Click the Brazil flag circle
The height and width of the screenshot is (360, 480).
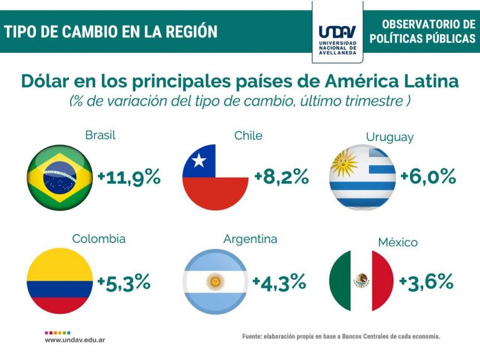pos(60,178)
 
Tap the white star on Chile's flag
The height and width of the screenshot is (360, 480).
pos(199,160)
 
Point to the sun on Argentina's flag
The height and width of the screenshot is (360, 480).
pos(215,281)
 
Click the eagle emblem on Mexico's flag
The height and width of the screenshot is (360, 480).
pos(361,280)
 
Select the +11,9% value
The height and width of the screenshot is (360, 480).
pos(129,177)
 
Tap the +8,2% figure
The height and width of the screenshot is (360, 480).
pos(282,177)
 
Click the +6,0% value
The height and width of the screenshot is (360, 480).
pos(428,177)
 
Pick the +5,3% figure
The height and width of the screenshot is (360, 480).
pos(124,282)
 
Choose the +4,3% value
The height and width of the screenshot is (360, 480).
pos(279,282)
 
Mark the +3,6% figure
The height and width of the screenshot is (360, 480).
pos(426,282)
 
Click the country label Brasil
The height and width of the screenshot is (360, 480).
pos(100,135)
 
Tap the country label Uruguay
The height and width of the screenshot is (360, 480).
pos(390,138)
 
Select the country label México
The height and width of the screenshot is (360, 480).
pos(398,242)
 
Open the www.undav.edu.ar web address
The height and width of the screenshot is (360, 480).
pos(75,340)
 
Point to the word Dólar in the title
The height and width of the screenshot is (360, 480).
pos(45,81)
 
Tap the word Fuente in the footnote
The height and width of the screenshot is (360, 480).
pos(252,337)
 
